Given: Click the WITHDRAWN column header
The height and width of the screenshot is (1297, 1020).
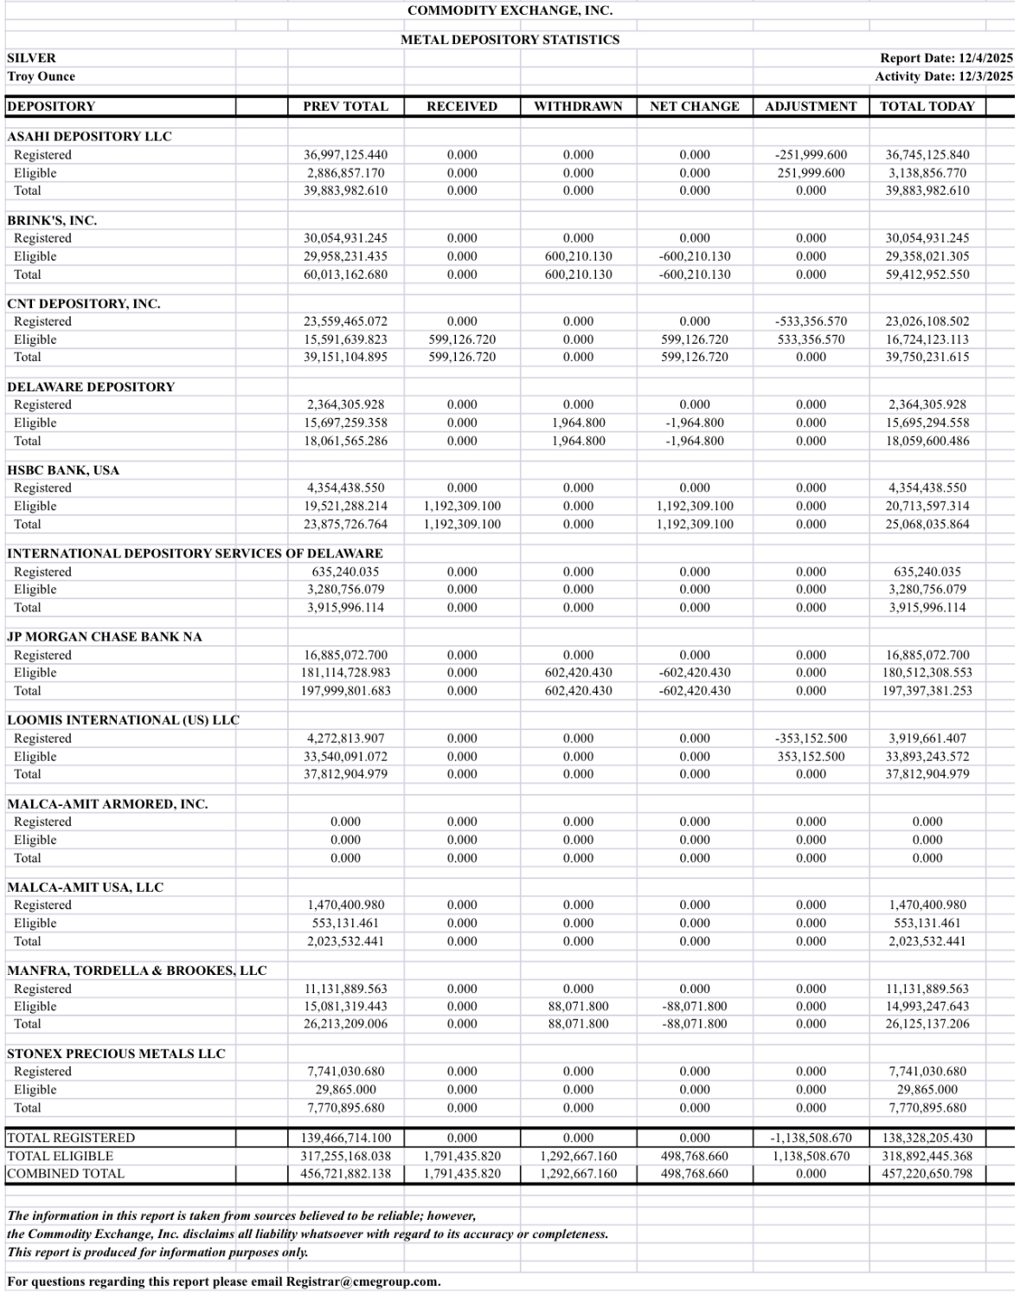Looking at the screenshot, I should click(578, 106).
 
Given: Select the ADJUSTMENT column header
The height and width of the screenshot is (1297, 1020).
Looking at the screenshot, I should click(811, 106).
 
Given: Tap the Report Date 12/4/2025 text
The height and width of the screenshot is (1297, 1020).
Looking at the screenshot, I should click(946, 58).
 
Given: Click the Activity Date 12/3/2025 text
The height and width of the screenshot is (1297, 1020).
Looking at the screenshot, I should click(943, 76).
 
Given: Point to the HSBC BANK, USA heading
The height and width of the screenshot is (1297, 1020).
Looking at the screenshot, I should click(63, 470).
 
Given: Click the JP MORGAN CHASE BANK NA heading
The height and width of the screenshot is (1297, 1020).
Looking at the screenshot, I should click(105, 636).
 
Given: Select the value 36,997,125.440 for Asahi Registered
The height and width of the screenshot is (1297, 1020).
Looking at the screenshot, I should click(345, 155).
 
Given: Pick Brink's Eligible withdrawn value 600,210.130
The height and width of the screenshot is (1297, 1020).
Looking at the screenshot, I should click(578, 256).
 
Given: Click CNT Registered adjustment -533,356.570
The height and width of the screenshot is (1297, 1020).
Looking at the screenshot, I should click(811, 321).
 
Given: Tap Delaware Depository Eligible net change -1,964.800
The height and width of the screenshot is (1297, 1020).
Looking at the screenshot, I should click(694, 423).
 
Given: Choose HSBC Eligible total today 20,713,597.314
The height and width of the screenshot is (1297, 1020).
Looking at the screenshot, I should click(927, 506).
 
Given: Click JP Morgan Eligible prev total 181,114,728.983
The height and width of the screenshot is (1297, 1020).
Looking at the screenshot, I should click(345, 673).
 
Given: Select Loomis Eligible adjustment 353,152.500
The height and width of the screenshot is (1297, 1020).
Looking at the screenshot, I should click(811, 756).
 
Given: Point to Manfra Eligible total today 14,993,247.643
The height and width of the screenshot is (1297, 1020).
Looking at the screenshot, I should click(927, 1006).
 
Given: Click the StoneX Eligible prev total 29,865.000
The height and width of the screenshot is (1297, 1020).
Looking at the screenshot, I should click(345, 1089).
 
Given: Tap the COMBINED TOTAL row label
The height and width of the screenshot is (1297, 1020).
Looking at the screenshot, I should click(66, 1174).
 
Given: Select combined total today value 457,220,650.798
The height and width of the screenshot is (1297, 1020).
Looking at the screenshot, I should click(927, 1174).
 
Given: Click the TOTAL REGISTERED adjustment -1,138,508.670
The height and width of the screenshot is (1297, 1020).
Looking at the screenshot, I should click(811, 1138).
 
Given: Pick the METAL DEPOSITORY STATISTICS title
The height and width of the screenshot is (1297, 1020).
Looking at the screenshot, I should click(510, 40).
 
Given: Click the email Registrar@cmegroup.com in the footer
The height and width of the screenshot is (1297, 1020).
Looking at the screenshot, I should click(362, 1281).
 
